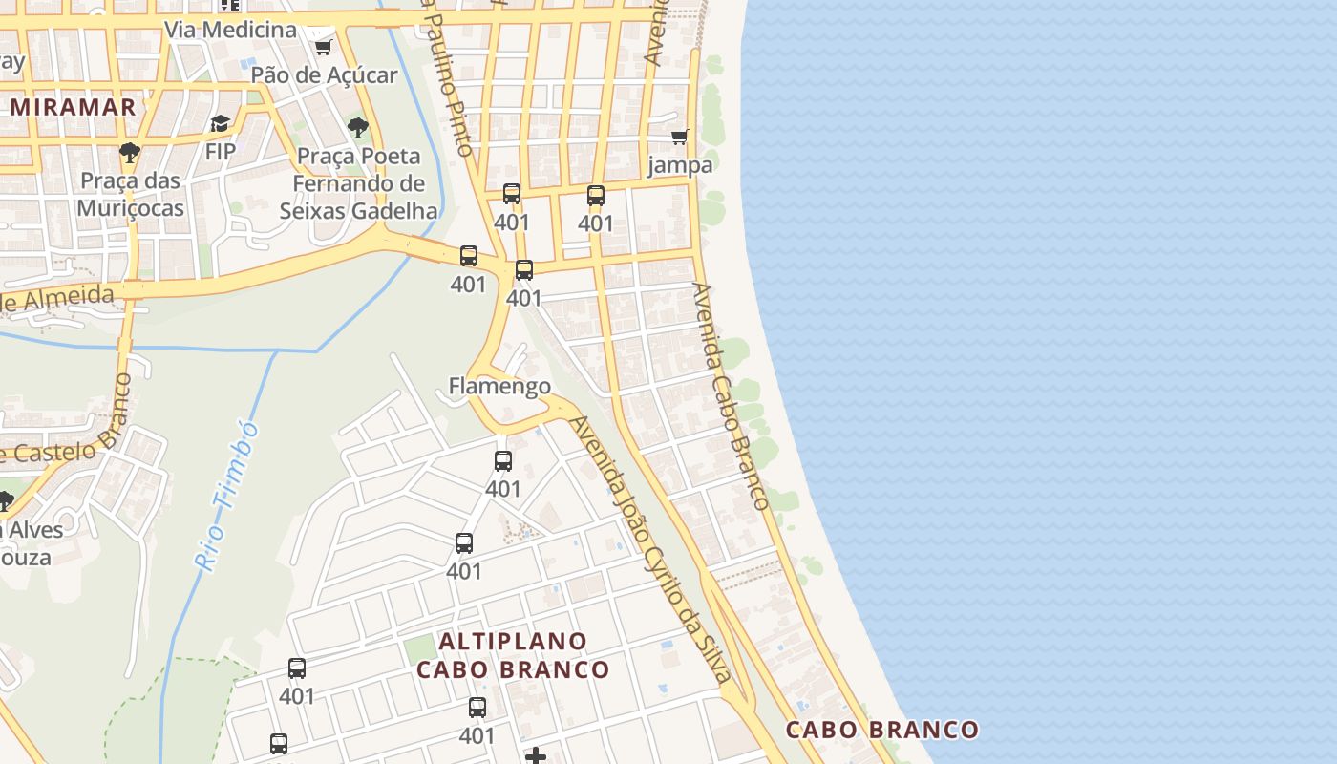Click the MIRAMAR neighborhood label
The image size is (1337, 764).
(x=74, y=107)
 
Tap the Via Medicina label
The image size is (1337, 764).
(x=231, y=30)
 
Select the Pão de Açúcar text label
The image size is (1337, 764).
(x=324, y=74)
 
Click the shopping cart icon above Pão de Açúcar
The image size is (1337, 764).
(x=323, y=47)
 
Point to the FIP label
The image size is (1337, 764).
(x=221, y=151)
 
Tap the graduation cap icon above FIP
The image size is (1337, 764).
(x=221, y=123)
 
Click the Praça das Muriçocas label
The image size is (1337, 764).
(x=131, y=194)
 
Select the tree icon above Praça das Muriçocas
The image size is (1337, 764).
(x=130, y=152)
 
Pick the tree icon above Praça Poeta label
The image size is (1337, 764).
(x=358, y=127)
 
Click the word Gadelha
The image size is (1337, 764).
(x=395, y=210)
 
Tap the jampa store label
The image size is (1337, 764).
(x=680, y=165)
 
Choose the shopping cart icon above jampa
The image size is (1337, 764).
(x=680, y=137)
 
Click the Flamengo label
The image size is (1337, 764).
(x=499, y=386)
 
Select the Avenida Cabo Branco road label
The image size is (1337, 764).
(x=732, y=395)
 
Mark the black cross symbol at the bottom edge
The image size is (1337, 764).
(x=536, y=756)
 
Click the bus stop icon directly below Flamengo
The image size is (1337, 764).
(x=503, y=461)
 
